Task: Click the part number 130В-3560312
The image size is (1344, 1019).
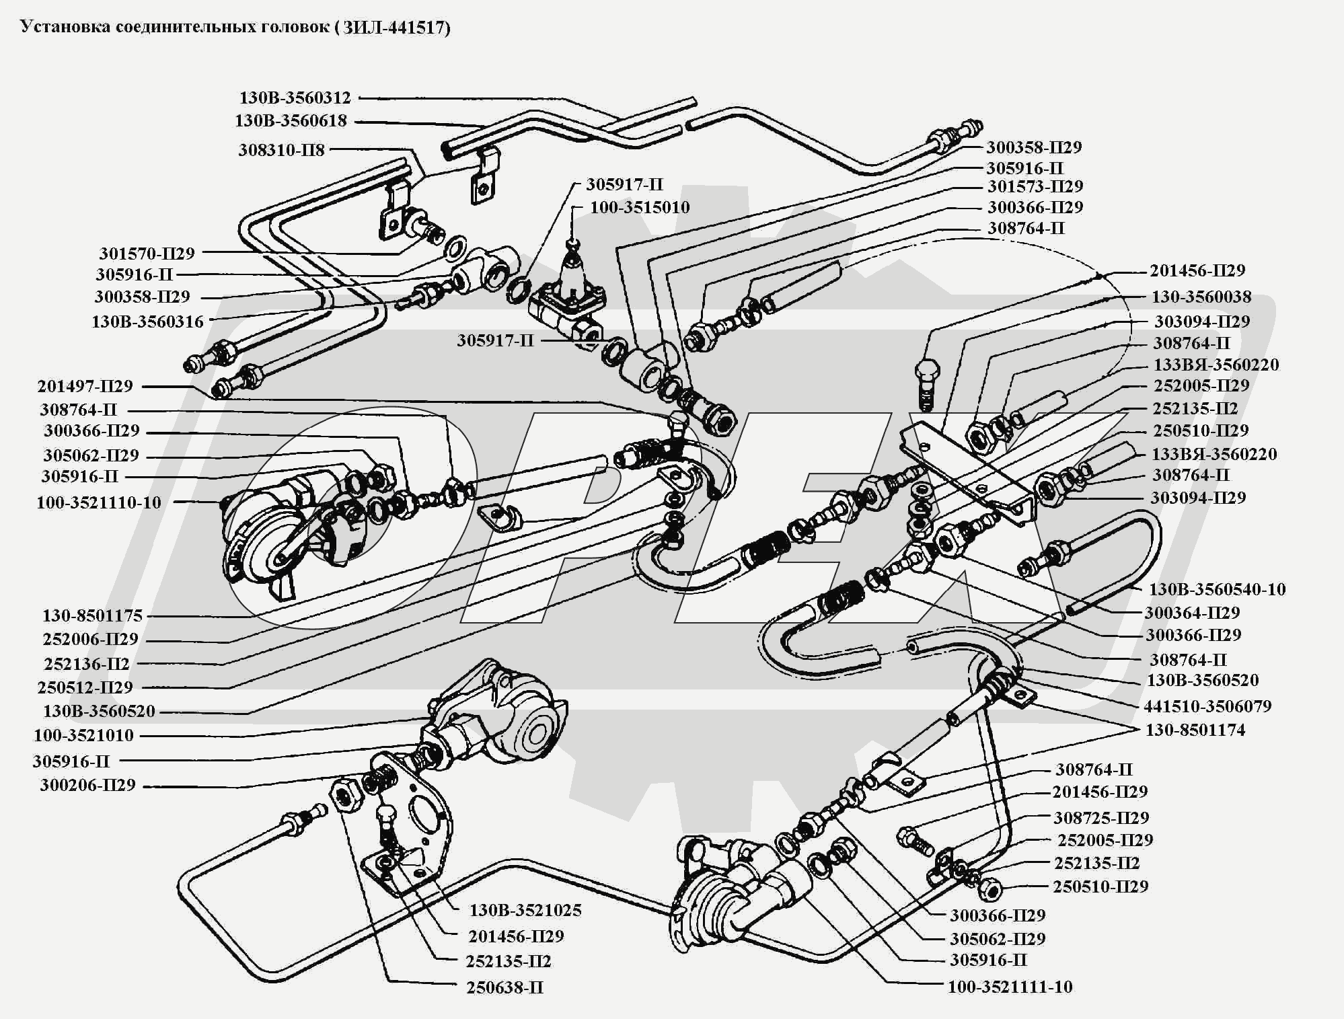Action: pos(295,98)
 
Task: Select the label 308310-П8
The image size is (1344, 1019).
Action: pos(281,150)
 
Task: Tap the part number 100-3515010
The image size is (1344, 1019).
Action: pos(640,207)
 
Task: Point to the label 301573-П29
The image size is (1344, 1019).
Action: pos(1035,186)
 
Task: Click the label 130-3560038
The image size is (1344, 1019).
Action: pos(1201,297)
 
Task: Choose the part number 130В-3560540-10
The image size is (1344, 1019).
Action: pos(1217,590)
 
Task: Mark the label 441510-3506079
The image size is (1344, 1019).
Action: pos(1207,706)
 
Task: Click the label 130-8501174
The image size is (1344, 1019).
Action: pos(1195,730)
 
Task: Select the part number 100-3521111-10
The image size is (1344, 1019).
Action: pos(1010,987)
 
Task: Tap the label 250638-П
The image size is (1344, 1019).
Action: pos(505,988)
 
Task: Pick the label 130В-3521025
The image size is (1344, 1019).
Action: pos(525,911)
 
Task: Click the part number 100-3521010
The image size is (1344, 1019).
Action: pos(88,735)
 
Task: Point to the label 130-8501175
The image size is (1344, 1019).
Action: pos(92,615)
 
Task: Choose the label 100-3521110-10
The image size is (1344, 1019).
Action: pos(99,502)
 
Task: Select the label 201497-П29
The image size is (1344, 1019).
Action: pos(85,386)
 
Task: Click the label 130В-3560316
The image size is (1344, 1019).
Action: pos(147,322)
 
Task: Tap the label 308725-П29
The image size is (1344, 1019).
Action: pos(1101,818)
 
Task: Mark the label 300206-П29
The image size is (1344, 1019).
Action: pos(87,785)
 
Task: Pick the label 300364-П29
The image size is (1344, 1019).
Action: pos(1192,613)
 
